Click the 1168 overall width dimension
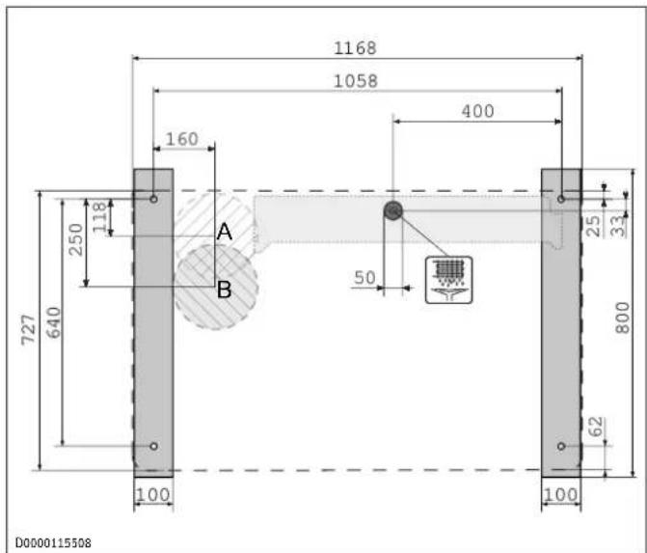[x=355, y=48]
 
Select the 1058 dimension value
[x=355, y=81]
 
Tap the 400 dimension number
[x=477, y=111]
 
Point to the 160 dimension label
[x=182, y=139]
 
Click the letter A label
[x=224, y=232]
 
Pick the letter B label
[x=224, y=290]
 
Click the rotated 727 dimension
[x=29, y=329]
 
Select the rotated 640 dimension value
[x=54, y=322]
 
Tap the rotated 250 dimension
[x=77, y=239]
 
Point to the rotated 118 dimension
[x=100, y=217]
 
